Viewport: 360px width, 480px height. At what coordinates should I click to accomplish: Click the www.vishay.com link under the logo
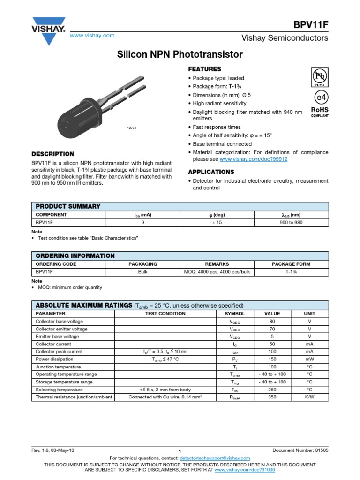(92, 36)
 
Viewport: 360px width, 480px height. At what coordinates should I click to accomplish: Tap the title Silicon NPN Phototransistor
(180, 55)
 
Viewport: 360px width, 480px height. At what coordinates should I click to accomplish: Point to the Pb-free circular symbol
(319, 76)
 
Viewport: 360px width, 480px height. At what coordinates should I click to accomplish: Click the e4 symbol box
(319, 97)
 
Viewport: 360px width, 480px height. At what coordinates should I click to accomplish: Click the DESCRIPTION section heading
(52, 154)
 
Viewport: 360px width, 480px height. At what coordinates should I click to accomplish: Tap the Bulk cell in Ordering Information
(143, 272)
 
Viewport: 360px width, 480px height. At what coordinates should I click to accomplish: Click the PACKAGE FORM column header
(291, 264)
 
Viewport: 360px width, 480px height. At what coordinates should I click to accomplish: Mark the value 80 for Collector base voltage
(272, 321)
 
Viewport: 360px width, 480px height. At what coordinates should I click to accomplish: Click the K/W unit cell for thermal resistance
(309, 397)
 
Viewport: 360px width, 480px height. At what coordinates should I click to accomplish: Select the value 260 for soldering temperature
(272, 390)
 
